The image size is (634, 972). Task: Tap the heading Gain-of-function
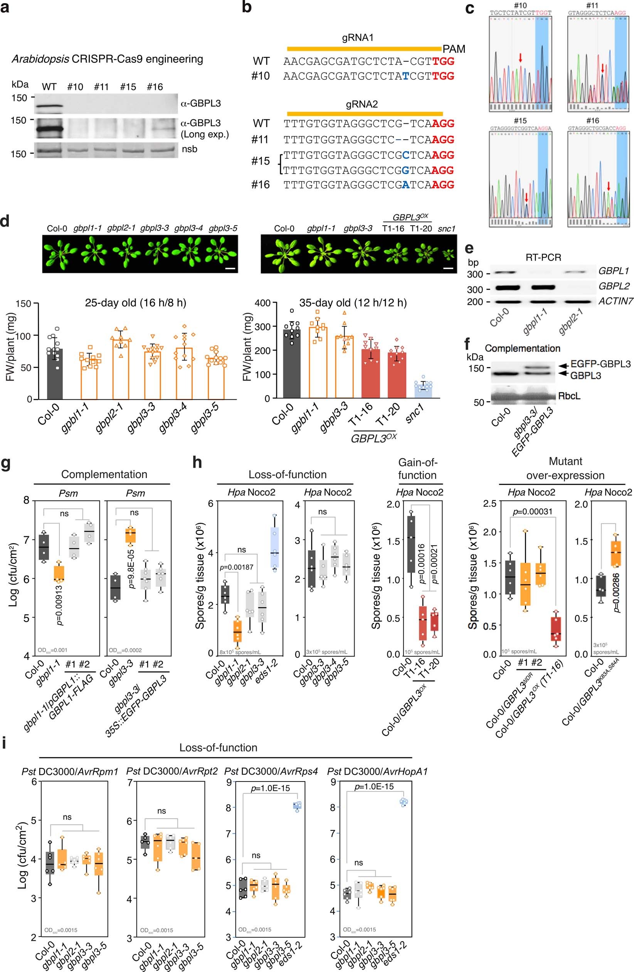pyautogui.click(x=417, y=469)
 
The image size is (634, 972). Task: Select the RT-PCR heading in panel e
pyautogui.click(x=543, y=257)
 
